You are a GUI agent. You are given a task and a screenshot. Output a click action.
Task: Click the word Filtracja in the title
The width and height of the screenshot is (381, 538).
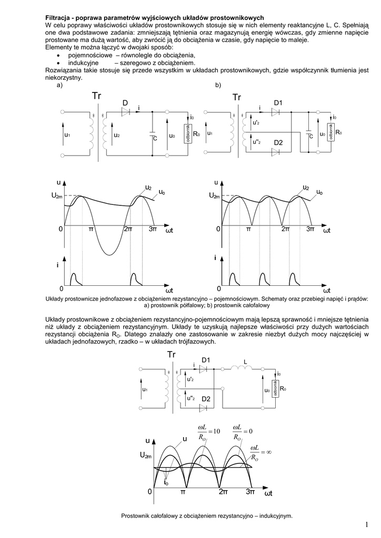pyautogui.click(x=59, y=17)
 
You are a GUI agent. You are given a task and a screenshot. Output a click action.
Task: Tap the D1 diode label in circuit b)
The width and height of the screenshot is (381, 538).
pyautogui.click(x=278, y=102)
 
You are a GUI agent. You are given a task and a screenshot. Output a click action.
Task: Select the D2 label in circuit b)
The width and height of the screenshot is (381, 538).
pyautogui.click(x=278, y=143)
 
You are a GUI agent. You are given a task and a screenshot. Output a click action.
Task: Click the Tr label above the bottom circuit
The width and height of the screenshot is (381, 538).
pyautogui.click(x=172, y=355)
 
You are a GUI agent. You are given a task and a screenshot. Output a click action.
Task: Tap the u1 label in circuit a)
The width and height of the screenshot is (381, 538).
pyautogui.click(x=67, y=135)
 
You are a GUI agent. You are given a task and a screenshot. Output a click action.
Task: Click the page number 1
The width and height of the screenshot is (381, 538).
pyautogui.click(x=365, y=525)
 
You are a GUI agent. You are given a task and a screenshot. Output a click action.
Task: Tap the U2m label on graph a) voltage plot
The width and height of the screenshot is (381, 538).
pyautogui.click(x=56, y=195)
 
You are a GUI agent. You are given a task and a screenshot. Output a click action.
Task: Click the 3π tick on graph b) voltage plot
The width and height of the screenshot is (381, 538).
pyautogui.click(x=310, y=229)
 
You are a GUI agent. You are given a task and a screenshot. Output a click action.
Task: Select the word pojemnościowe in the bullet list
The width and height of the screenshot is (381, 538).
pyautogui.click(x=84, y=55)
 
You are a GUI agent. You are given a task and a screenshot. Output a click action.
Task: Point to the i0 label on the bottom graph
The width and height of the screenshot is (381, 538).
pyautogui.click(x=166, y=482)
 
